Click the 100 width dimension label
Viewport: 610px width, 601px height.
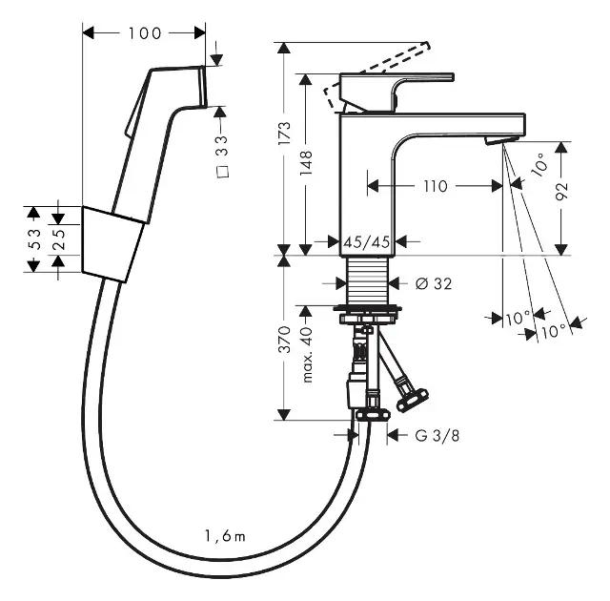pos(144,33)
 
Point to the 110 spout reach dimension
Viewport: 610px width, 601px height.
pos(435,186)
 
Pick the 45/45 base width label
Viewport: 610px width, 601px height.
pos(368,241)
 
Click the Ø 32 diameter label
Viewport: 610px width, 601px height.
pos(433,283)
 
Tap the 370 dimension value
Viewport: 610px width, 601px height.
pos(283,341)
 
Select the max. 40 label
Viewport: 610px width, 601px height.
pos(307,355)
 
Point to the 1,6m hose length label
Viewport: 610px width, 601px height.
pos(224,536)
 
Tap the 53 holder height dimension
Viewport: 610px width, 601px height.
pos(32,238)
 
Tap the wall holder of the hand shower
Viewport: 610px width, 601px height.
pos(112,243)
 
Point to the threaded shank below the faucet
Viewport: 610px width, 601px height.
pos(369,283)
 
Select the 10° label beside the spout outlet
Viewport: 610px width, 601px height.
pos(540,167)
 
